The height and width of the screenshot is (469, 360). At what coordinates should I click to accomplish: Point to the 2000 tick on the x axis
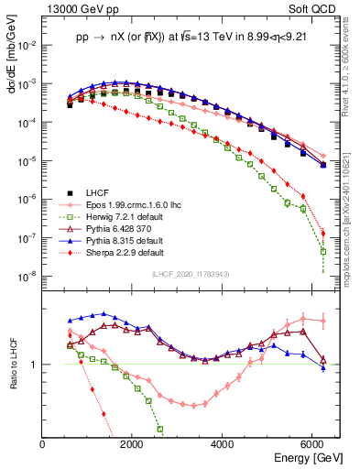coord(132,443)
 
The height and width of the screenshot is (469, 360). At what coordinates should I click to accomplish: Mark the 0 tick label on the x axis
coord(43,443)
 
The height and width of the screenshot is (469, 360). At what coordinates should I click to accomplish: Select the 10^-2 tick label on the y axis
coord(27,45)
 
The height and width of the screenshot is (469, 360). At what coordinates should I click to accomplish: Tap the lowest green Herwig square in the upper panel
coord(322,251)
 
